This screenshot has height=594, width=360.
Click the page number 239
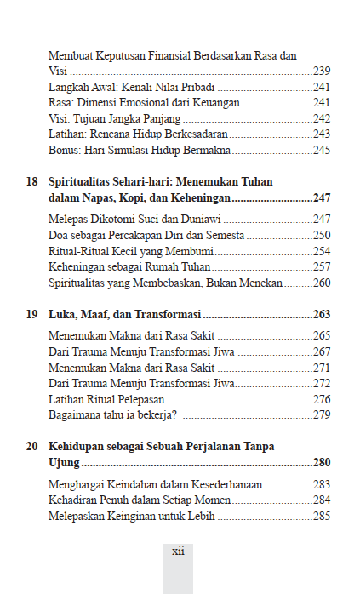[x=322, y=71]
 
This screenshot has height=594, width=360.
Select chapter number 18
[x=31, y=181]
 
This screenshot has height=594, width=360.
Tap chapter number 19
[x=31, y=313]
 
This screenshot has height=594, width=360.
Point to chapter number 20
[x=31, y=445]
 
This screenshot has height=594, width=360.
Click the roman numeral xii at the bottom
[x=178, y=551]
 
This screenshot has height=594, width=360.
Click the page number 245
[x=322, y=151]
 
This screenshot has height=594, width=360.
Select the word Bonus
[x=65, y=151]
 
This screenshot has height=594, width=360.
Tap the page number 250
[x=322, y=235]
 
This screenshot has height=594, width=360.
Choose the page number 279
[x=322, y=414]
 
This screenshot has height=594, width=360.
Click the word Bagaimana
[x=77, y=414]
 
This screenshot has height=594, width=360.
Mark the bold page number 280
[x=322, y=462]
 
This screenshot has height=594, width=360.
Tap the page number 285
[x=322, y=516]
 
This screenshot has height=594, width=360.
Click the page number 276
[x=322, y=398]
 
